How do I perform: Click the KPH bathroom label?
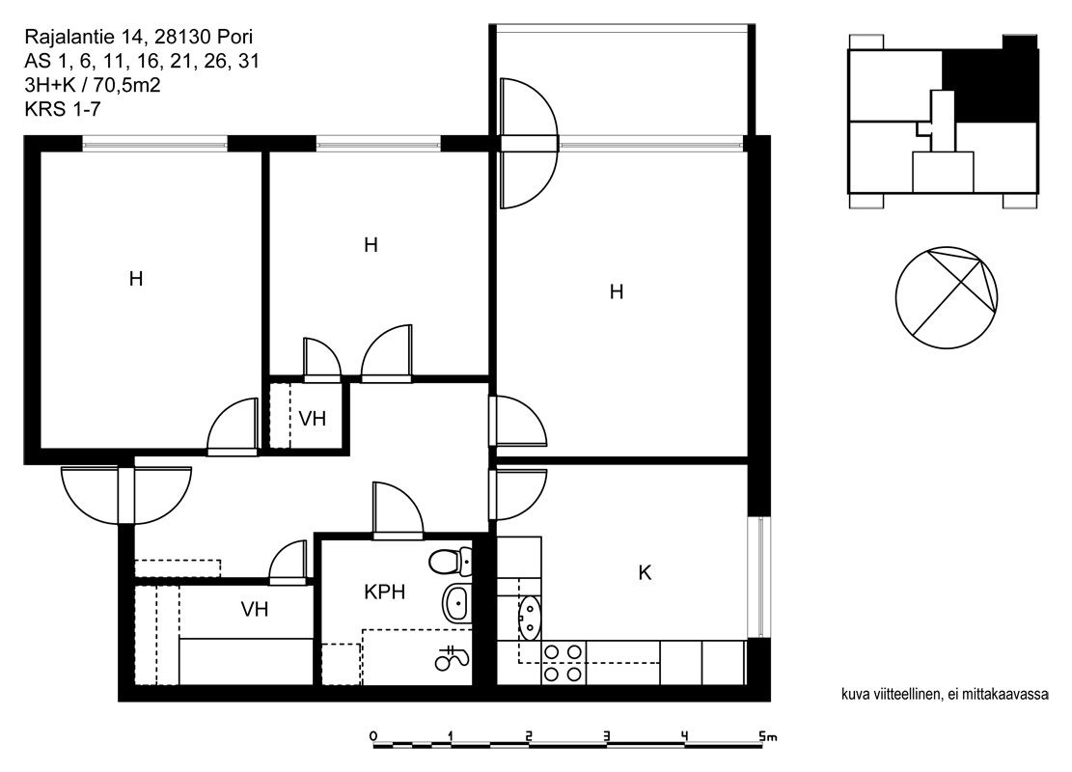(x=384, y=592)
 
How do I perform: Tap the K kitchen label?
(x=644, y=573)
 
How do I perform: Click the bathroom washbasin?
(x=457, y=603)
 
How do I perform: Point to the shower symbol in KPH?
(x=452, y=658)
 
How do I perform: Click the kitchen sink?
(x=529, y=616)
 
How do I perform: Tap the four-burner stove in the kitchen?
(x=563, y=663)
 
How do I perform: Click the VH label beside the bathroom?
(x=255, y=609)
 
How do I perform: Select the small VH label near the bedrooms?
(x=312, y=419)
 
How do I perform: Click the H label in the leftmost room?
(x=136, y=279)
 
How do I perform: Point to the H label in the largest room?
(x=616, y=292)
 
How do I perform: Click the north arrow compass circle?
(x=947, y=298)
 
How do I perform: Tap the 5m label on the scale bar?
(x=768, y=737)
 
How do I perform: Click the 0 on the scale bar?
(x=372, y=736)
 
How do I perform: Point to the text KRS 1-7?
(x=63, y=109)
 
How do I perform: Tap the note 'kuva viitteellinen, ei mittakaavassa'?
(x=945, y=695)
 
